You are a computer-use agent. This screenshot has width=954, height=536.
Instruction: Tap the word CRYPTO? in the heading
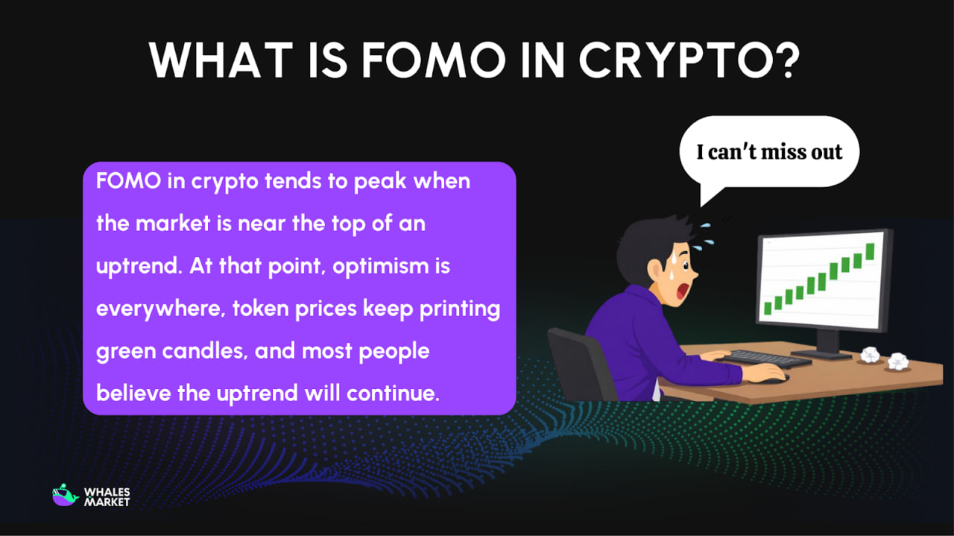pyautogui.click(x=689, y=59)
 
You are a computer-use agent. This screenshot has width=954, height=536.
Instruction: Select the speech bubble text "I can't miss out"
pyautogui.click(x=769, y=152)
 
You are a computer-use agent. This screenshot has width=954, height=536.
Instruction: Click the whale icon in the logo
pyautogui.click(x=66, y=496)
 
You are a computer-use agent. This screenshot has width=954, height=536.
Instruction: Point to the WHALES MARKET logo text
pyautogui.click(x=107, y=497)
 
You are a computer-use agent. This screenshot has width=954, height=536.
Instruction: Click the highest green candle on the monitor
pyautogui.click(x=869, y=250)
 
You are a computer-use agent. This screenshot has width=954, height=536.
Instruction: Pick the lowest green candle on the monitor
pyautogui.click(x=767, y=306)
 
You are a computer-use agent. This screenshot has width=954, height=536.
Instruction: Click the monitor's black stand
pyautogui.click(x=827, y=343)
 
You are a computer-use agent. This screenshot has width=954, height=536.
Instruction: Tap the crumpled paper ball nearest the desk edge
pyautogui.click(x=897, y=362)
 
